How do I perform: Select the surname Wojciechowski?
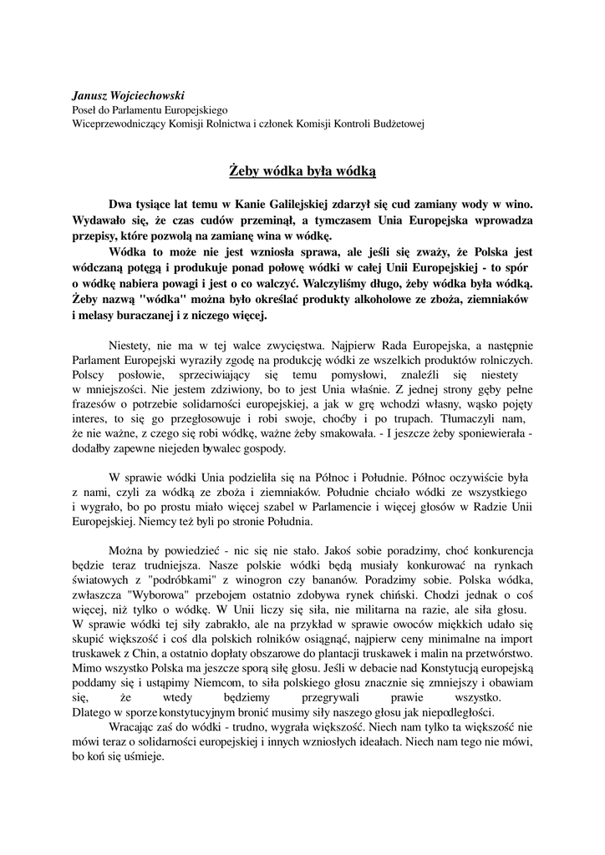click(x=153, y=95)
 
